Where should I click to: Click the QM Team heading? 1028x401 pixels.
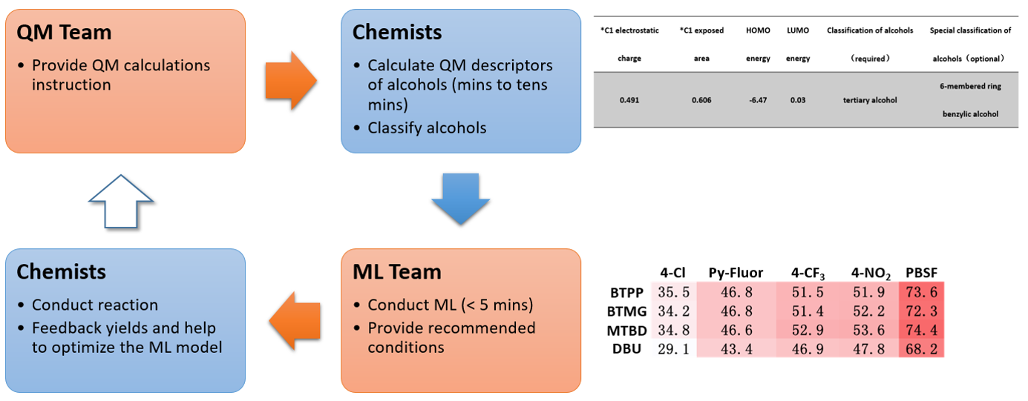[64, 33]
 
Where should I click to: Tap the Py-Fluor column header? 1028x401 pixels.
[735, 272]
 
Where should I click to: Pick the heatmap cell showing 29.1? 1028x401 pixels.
[675, 348]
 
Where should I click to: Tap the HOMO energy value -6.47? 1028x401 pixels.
[758, 100]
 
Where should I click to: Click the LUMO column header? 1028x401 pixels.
[798, 31]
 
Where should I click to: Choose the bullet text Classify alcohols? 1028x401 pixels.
[427, 127]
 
